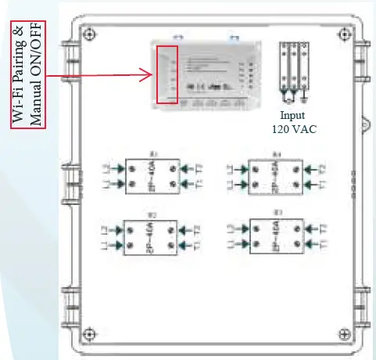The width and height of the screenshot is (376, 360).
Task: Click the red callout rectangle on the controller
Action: [x=168, y=74]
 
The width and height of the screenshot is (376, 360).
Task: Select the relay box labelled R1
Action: [x=153, y=175]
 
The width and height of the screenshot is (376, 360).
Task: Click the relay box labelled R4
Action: [x=277, y=177]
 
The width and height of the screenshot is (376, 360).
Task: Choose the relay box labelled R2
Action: [x=153, y=237]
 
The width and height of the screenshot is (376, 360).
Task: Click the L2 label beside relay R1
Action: [x=108, y=167]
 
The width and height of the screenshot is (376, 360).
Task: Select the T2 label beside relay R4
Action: [x=321, y=167]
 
